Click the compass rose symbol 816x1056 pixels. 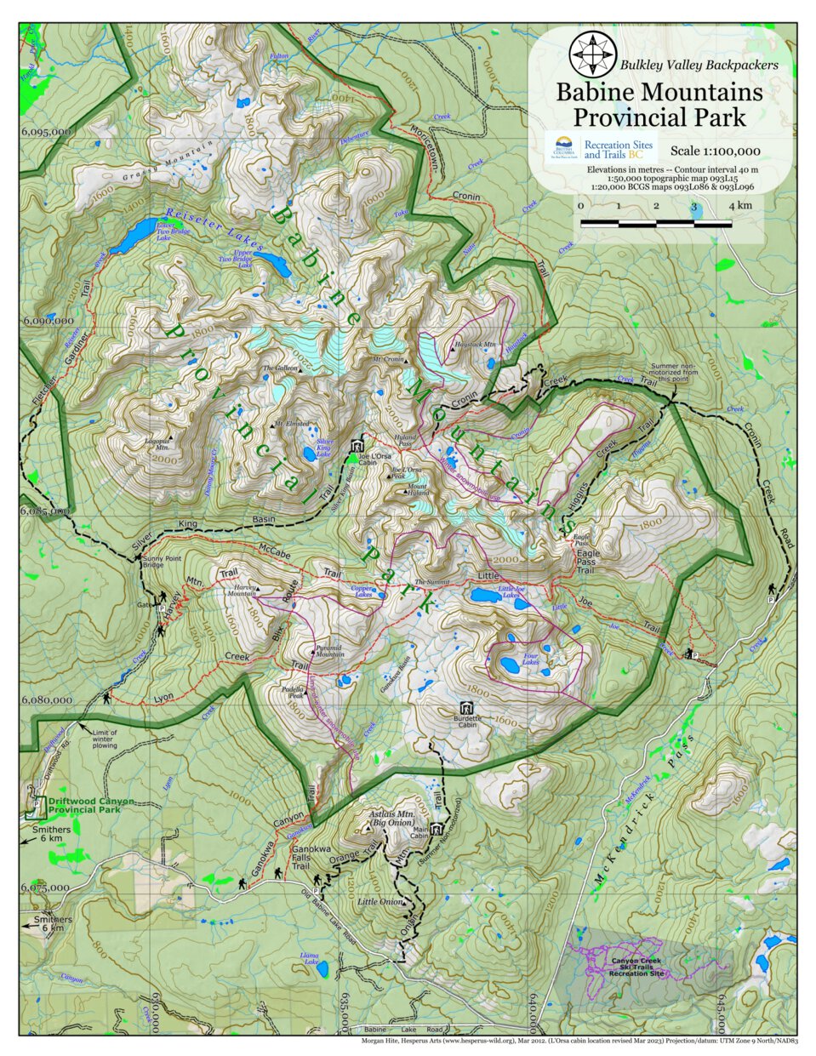[x=592, y=53]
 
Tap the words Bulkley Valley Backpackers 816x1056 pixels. [x=699, y=64]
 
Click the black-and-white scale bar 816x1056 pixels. [x=655, y=224]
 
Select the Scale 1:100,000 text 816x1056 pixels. [x=715, y=151]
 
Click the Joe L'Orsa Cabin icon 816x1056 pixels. [x=357, y=446]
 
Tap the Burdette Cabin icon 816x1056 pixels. [x=465, y=707]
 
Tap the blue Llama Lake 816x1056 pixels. [x=323, y=968]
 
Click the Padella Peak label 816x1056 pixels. [x=294, y=692]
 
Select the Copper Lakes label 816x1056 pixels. [x=363, y=591]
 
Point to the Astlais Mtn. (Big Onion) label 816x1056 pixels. [x=391, y=818]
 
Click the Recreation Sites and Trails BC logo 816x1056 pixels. [x=602, y=149]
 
